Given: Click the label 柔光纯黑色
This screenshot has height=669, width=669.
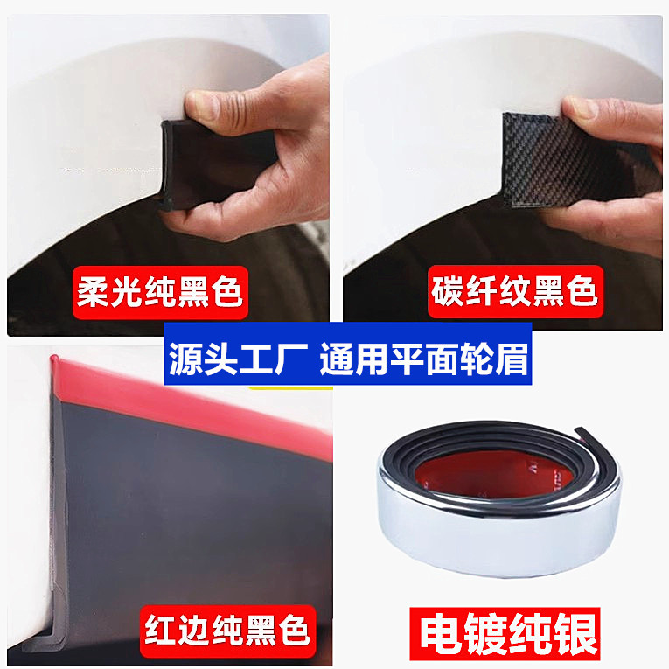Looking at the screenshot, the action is tap(160, 293).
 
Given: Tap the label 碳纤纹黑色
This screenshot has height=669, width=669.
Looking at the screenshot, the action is tap(515, 292).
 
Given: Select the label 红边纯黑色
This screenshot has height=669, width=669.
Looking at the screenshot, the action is tap(227, 631).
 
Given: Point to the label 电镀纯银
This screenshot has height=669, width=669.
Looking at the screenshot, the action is tap(505, 634).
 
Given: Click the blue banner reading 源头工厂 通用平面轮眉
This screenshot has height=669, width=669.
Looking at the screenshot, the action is tap(348, 353).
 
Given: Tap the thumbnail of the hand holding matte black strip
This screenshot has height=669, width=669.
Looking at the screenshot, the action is tap(168, 176).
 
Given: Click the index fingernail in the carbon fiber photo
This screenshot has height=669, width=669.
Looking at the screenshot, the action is tap(579, 108).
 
